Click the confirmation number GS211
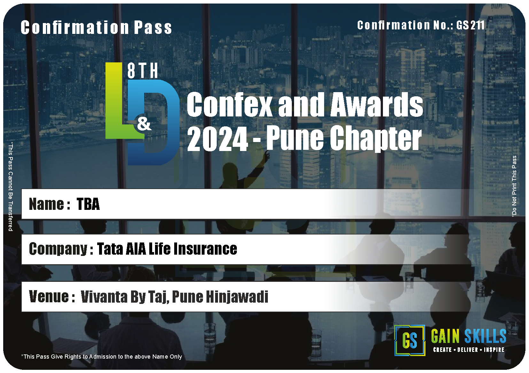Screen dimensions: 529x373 coord(470,25)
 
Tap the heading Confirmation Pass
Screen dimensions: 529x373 coord(96,28)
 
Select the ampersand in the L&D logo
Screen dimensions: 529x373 coord(144,124)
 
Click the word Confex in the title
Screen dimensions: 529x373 coord(229,104)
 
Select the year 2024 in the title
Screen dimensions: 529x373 coord(217,139)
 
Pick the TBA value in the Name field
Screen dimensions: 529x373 coord(88,204)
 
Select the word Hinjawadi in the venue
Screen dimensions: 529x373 coord(237,297)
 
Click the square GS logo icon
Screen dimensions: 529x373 coord(409,341)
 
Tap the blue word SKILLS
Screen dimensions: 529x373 coord(485,336)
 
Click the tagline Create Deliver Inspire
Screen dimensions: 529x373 coord(469,350)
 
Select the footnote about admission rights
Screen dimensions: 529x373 coord(102,356)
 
